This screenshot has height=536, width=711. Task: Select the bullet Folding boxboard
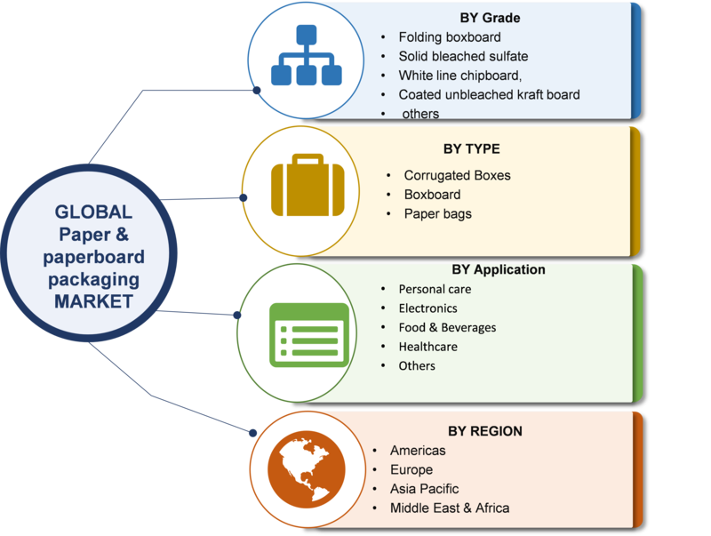click(x=450, y=37)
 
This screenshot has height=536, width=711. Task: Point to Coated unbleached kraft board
click(x=489, y=94)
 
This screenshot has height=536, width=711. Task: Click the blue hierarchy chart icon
click(x=306, y=61)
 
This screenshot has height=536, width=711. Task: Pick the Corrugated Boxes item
click(x=457, y=175)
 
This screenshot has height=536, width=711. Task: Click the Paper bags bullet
click(x=437, y=213)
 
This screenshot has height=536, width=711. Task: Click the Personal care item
click(x=435, y=289)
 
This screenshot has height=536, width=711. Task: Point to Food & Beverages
click(x=447, y=327)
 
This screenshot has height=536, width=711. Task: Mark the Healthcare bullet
click(x=428, y=347)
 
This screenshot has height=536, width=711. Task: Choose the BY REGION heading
click(x=484, y=431)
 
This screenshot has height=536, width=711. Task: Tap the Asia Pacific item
click(x=425, y=489)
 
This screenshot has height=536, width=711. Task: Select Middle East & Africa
click(x=450, y=508)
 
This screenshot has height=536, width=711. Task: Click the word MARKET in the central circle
click(x=93, y=300)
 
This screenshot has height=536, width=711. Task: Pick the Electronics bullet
click(x=427, y=308)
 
